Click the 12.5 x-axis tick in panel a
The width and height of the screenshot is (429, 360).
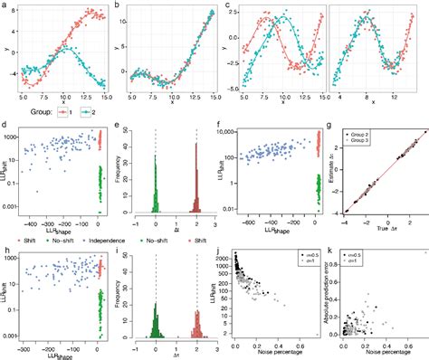[x=89, y=96]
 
